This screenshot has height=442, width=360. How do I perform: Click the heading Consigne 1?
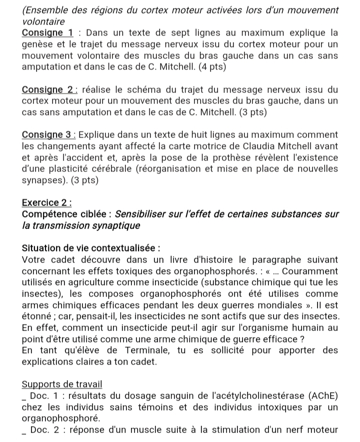click(x=48, y=33)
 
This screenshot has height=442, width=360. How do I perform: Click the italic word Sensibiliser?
click(x=144, y=214)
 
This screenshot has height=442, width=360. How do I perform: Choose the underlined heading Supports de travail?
click(x=62, y=384)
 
